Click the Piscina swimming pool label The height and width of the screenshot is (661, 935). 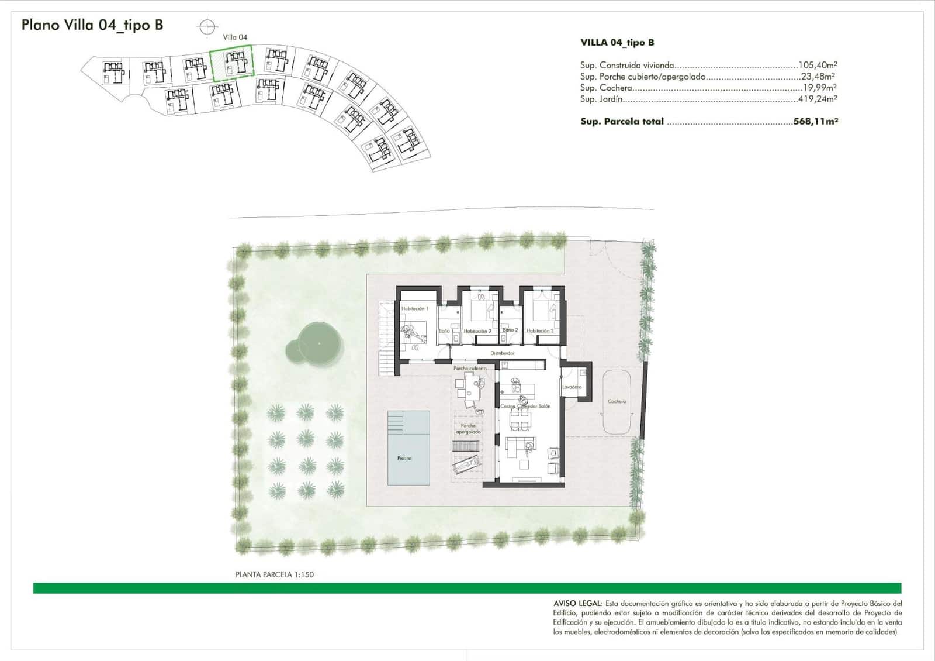coord(404,458)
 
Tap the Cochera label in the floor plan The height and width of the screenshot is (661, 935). coord(617,401)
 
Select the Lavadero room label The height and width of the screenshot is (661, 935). coord(572,387)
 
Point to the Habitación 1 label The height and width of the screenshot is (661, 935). coord(414,308)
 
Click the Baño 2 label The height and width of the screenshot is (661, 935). coord(510,330)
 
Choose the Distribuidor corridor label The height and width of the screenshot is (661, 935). coord(503,353)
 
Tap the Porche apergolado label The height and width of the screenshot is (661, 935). coord(468,429)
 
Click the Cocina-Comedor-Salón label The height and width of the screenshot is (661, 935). coord(525,406)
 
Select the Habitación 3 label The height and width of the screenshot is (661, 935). coord(540,331)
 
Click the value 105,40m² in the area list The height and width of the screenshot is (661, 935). coord(818,66)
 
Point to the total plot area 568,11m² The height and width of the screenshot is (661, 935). coord(816,122)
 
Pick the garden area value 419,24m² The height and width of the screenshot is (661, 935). coord(818,99)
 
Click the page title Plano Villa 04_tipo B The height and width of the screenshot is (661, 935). coord(92,25)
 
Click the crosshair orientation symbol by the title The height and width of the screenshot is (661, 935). coord(207,27)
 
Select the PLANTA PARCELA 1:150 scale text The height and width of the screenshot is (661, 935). coord(275,574)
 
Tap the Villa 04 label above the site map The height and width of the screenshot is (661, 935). coord(235,37)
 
